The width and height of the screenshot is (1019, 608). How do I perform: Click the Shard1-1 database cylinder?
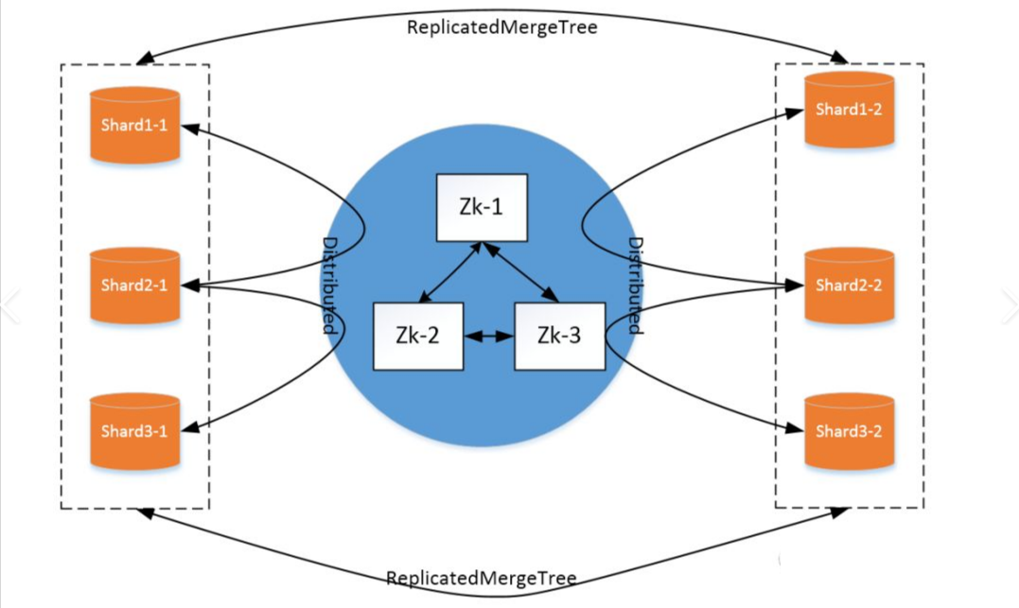coord(134,125)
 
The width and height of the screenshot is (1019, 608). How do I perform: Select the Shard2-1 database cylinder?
coord(134,285)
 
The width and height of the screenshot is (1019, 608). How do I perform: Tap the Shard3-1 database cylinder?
coord(134,431)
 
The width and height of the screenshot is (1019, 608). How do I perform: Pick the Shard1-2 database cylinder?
coord(849,110)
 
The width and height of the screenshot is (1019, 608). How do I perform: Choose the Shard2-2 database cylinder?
coord(849,285)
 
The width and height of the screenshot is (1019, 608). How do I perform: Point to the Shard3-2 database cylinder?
coord(849,431)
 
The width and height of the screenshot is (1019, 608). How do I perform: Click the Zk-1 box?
coord(481,207)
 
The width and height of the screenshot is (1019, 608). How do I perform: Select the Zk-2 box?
coord(418,336)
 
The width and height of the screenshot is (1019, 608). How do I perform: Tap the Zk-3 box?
coord(559,336)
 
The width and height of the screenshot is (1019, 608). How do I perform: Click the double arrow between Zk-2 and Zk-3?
coord(488,336)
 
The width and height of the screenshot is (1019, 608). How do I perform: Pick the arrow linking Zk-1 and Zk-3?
coord(519,272)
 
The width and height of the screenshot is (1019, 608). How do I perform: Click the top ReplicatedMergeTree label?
coord(502,27)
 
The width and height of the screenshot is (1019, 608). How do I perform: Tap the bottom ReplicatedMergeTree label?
coord(481,578)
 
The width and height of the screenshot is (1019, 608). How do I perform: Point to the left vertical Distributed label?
coord(330,286)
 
